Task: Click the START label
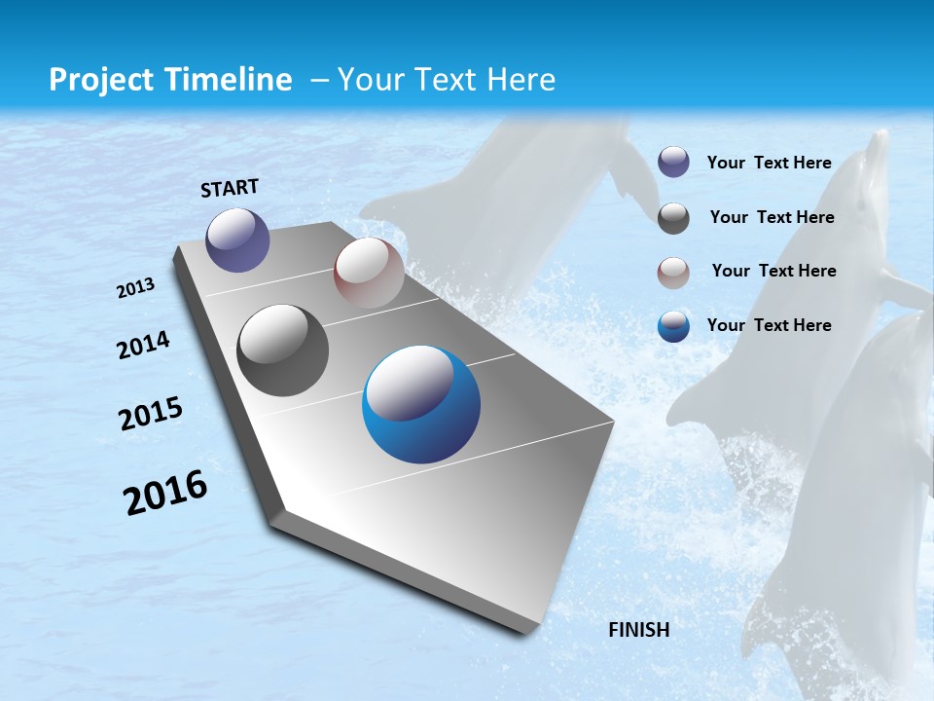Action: pyautogui.click(x=230, y=188)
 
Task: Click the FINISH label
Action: pyautogui.click(x=638, y=630)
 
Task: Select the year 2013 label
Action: pyautogui.click(x=136, y=288)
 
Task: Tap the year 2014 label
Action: pyautogui.click(x=144, y=345)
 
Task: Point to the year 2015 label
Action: pyautogui.click(x=151, y=414)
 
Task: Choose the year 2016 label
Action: pyautogui.click(x=165, y=493)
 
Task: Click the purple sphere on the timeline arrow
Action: pyautogui.click(x=237, y=240)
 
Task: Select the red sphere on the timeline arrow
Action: pyautogui.click(x=369, y=273)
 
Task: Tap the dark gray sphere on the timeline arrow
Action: pyautogui.click(x=283, y=350)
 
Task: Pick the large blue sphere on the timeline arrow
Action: pyautogui.click(x=421, y=404)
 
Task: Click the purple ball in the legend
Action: pyautogui.click(x=673, y=163)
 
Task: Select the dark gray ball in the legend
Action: pyautogui.click(x=673, y=218)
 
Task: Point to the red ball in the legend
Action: pyautogui.click(x=673, y=273)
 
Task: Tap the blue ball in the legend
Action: pyautogui.click(x=673, y=326)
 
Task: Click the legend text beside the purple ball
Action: pyautogui.click(x=769, y=163)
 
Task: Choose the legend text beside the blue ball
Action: pyautogui.click(x=769, y=325)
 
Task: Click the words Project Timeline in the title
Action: pyautogui.click(x=170, y=80)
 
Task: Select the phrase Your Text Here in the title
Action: pyautogui.click(x=447, y=80)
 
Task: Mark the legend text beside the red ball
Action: pyautogui.click(x=773, y=271)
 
